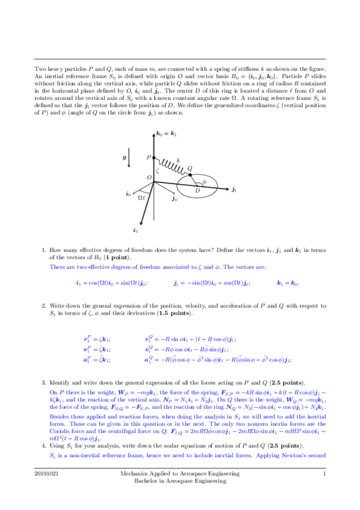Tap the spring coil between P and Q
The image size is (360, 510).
tap(171, 164)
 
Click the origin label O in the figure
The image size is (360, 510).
tap(148, 177)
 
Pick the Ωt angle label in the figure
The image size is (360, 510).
tap(142, 197)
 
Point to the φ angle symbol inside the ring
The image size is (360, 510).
tap(204, 180)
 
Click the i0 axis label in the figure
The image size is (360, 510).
tap(128, 194)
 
